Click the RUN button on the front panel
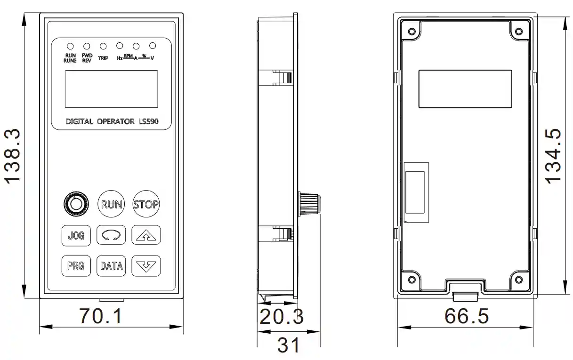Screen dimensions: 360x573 pyautogui.click(x=112, y=204)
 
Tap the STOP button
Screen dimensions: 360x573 pyautogui.click(x=146, y=204)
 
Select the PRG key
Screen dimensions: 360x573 pyautogui.click(x=75, y=265)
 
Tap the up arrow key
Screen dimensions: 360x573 pyautogui.click(x=146, y=235)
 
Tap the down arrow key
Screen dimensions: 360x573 pyautogui.click(x=146, y=266)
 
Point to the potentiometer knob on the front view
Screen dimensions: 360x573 pyautogui.click(x=75, y=204)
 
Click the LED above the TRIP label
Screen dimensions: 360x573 pyautogui.click(x=103, y=46)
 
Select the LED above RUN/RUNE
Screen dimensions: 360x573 pyautogui.click(x=70, y=46)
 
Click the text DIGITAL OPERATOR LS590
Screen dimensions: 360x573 pyautogui.click(x=112, y=121)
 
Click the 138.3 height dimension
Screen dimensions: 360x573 pyautogui.click(x=12, y=156)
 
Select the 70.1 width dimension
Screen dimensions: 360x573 pyautogui.click(x=100, y=316)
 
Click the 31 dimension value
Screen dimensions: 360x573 pyautogui.click(x=288, y=345)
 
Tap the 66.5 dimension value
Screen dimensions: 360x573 pyautogui.click(x=466, y=316)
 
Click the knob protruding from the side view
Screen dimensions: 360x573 pyautogui.click(x=309, y=203)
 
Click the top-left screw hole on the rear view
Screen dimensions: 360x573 pyautogui.click(x=412, y=32)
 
